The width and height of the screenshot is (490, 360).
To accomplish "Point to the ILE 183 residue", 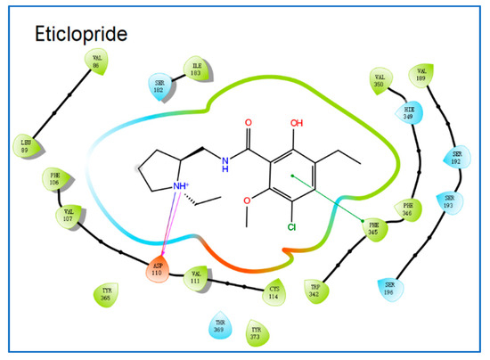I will coord(196,68).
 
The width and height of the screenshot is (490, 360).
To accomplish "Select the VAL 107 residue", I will coord(74,213).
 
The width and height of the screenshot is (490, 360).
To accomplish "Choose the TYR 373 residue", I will coord(256,331).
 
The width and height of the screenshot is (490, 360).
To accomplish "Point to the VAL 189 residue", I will coord(422,77).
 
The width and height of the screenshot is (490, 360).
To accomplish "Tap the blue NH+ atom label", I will coord(182,187).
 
